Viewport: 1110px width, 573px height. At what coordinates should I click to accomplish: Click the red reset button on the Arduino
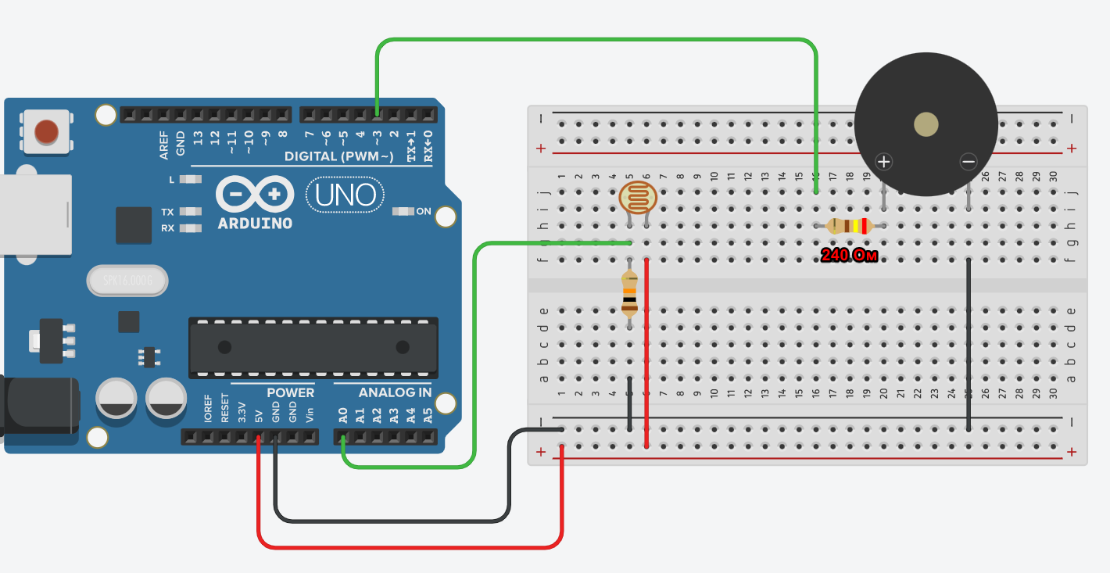point(47,132)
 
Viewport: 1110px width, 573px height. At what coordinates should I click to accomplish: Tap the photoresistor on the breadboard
point(638,197)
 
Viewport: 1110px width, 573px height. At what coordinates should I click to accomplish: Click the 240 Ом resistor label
point(849,255)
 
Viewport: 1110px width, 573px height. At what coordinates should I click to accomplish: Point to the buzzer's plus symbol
point(883,162)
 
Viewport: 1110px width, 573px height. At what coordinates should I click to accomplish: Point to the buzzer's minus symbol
point(969,162)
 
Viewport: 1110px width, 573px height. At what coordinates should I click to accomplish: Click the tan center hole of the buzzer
point(926,125)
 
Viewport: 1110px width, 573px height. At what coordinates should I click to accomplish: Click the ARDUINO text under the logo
point(255,224)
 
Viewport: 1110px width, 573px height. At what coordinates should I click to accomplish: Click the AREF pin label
point(164,145)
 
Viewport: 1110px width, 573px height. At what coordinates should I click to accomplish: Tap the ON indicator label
point(423,211)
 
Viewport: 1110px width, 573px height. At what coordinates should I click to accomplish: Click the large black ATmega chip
point(313,347)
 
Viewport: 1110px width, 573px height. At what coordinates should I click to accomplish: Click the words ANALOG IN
point(395,392)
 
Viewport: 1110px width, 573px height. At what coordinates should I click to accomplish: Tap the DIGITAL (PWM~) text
point(338,156)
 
